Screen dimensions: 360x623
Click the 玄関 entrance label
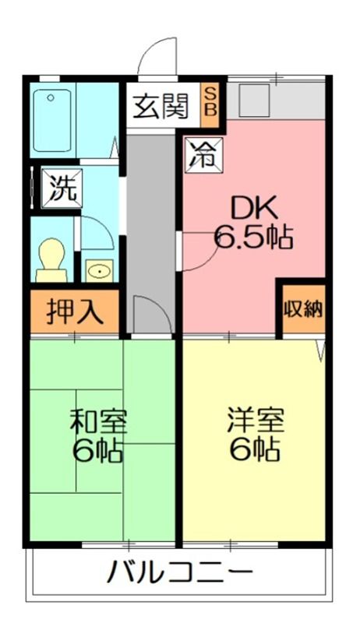pos(161,107)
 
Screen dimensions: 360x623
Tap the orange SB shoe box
pos(210,105)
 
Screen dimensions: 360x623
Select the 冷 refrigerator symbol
pos(204,154)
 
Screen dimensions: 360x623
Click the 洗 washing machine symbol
pos(62,188)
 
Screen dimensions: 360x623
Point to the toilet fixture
pos(51,259)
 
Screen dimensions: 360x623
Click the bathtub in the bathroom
pos(52,120)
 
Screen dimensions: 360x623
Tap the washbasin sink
pos(100,271)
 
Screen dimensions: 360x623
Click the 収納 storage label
pos(304,308)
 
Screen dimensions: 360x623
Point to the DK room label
pos(254,209)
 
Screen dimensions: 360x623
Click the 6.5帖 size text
pos(253,238)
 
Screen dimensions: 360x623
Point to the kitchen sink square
pos(254,101)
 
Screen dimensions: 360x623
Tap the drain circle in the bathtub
pos(51,97)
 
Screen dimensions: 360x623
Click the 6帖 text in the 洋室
pos(255,449)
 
